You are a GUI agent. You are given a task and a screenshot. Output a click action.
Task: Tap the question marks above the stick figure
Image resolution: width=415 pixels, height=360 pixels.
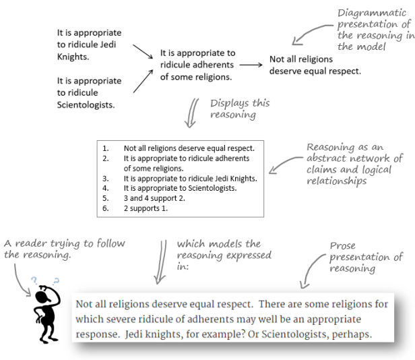(45, 280)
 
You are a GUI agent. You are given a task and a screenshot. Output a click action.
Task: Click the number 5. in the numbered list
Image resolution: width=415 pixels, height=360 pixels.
(106, 200)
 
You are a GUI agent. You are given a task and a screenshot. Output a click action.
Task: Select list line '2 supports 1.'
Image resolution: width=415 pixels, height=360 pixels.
(145, 209)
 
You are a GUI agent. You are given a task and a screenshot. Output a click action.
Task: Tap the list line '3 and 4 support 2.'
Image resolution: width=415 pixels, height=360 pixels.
(152, 200)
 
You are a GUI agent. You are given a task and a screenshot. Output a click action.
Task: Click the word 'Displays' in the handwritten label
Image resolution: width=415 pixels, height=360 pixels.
(231, 103)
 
